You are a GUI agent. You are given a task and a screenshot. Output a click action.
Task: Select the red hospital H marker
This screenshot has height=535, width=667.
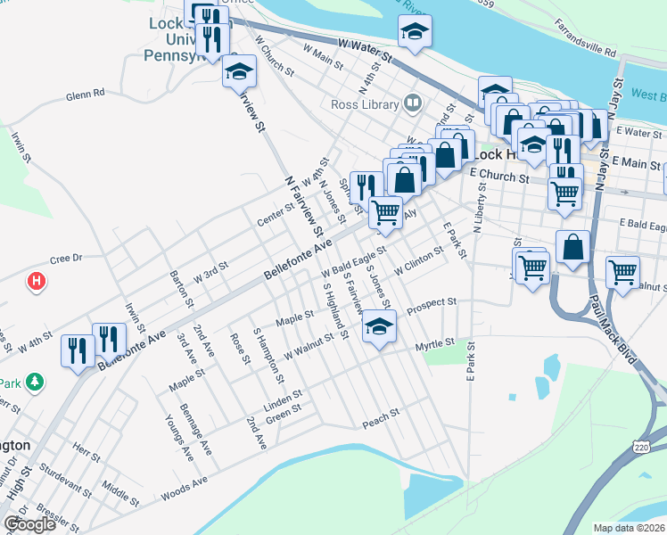[x=36, y=282]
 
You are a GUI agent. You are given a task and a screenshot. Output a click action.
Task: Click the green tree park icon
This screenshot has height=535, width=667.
[x=35, y=382]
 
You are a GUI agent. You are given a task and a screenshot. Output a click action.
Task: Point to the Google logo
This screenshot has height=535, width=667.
[x=29, y=524]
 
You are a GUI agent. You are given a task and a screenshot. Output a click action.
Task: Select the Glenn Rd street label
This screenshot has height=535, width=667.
[x=85, y=93]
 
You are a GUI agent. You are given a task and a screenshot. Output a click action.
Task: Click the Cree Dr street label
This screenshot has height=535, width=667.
[x=66, y=257]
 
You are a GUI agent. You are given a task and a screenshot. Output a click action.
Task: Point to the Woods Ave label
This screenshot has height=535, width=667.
[x=184, y=490]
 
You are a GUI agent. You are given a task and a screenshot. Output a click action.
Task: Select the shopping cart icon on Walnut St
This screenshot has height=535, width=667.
[x=622, y=270]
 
